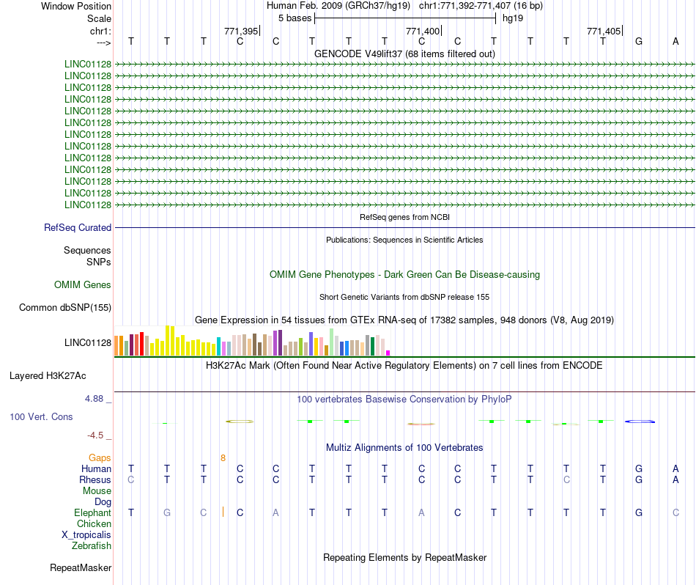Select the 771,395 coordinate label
click(241, 31)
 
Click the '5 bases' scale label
click(295, 18)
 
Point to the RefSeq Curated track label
click(78, 228)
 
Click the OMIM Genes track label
click(83, 285)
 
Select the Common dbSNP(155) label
click(65, 308)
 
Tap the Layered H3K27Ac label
click(48, 376)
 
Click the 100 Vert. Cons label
click(41, 416)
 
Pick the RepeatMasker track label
click(81, 568)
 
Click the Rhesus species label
click(95, 480)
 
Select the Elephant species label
click(92, 513)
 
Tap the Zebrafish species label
click(92, 546)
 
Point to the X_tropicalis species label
click(86, 535)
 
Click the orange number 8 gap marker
click(223, 458)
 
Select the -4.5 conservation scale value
click(96, 435)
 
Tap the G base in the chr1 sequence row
click(639, 41)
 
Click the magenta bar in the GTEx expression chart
click(388, 353)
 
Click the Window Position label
click(76, 6)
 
